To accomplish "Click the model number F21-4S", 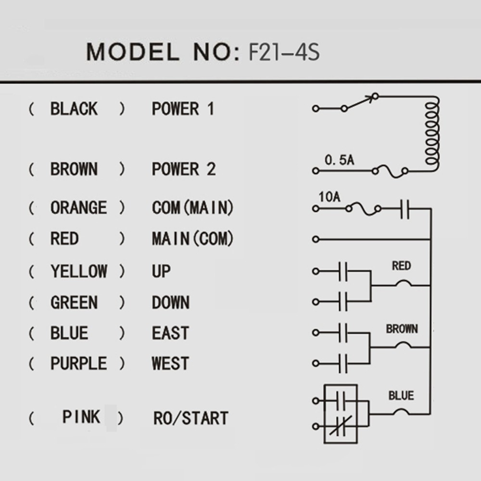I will [x=283, y=52].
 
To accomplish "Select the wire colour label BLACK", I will [x=74, y=109].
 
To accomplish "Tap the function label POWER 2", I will [x=183, y=169].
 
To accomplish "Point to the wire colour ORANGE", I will [x=78, y=208].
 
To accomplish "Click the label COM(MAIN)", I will [x=192, y=208].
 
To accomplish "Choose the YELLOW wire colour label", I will [x=78, y=271].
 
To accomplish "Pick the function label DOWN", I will [x=170, y=303].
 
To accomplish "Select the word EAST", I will [x=170, y=333].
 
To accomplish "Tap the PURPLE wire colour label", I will [x=78, y=363].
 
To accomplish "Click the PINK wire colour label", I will [x=81, y=417].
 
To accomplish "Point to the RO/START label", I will [x=190, y=418].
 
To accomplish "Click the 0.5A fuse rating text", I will [x=339, y=160].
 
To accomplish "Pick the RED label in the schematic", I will [x=401, y=266].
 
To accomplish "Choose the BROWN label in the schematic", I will [x=402, y=329].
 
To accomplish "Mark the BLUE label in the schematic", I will [x=401, y=396].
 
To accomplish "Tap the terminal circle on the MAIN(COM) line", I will [x=316, y=239].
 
